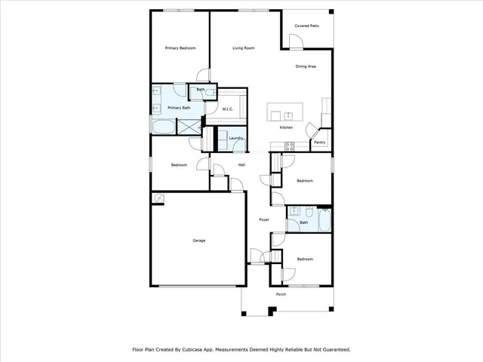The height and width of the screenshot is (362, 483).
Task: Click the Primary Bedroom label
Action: point(180,48)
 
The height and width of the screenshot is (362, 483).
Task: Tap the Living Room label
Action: point(242,48)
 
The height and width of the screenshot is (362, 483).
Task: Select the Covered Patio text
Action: point(306,25)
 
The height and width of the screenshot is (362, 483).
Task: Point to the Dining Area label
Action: point(305,66)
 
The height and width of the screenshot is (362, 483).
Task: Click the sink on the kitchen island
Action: point(288,115)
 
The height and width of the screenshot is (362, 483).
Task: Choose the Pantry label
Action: point(320,142)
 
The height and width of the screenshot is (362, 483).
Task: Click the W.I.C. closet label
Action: point(227,109)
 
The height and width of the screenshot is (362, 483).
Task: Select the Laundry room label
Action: point(235,138)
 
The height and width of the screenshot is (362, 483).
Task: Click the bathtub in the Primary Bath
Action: point(163,127)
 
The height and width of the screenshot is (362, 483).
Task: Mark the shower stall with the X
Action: point(188,127)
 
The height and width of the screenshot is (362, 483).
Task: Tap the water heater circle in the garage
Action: point(158,198)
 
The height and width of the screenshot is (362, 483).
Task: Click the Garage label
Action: point(198,241)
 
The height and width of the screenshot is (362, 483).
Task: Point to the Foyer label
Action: point(264,219)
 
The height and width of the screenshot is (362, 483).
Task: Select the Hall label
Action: point(241,165)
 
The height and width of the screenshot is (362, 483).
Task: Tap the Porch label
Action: point(281,294)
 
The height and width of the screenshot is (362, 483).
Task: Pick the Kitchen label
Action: point(286,127)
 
